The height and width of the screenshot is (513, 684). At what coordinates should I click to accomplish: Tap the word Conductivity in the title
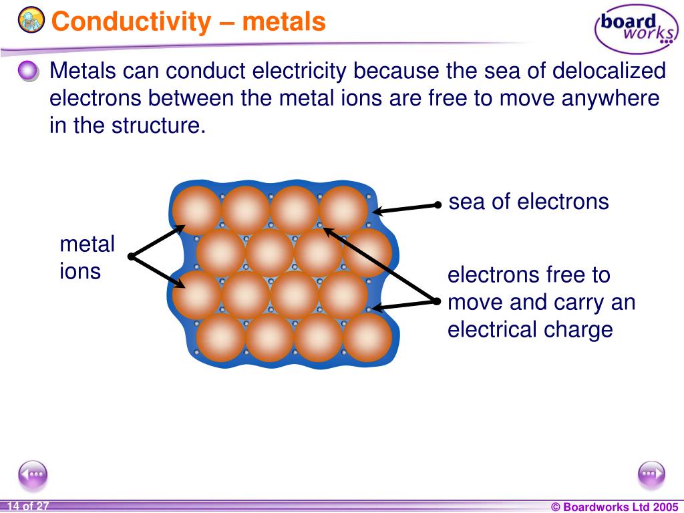point(130,21)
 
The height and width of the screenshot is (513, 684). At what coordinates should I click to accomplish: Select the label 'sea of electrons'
point(528,202)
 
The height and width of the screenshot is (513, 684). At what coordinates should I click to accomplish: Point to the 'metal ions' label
point(87,258)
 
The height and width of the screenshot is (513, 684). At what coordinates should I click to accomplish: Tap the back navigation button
point(33,474)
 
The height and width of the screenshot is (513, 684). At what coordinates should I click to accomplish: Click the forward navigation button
point(651,474)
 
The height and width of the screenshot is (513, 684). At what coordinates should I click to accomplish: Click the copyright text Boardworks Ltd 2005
point(614,507)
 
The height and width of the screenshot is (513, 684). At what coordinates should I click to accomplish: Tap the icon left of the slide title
point(31,21)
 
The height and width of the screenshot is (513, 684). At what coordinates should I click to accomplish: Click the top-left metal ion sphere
point(196,210)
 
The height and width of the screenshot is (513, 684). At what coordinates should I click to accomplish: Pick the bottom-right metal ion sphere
point(367,337)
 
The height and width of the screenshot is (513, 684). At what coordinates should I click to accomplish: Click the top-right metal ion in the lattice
point(343,210)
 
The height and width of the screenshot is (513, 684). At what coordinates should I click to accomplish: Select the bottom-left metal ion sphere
point(220,337)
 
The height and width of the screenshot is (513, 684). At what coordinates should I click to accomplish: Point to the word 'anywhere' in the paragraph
point(611,98)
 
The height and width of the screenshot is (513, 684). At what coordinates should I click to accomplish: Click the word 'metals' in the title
point(284,21)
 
